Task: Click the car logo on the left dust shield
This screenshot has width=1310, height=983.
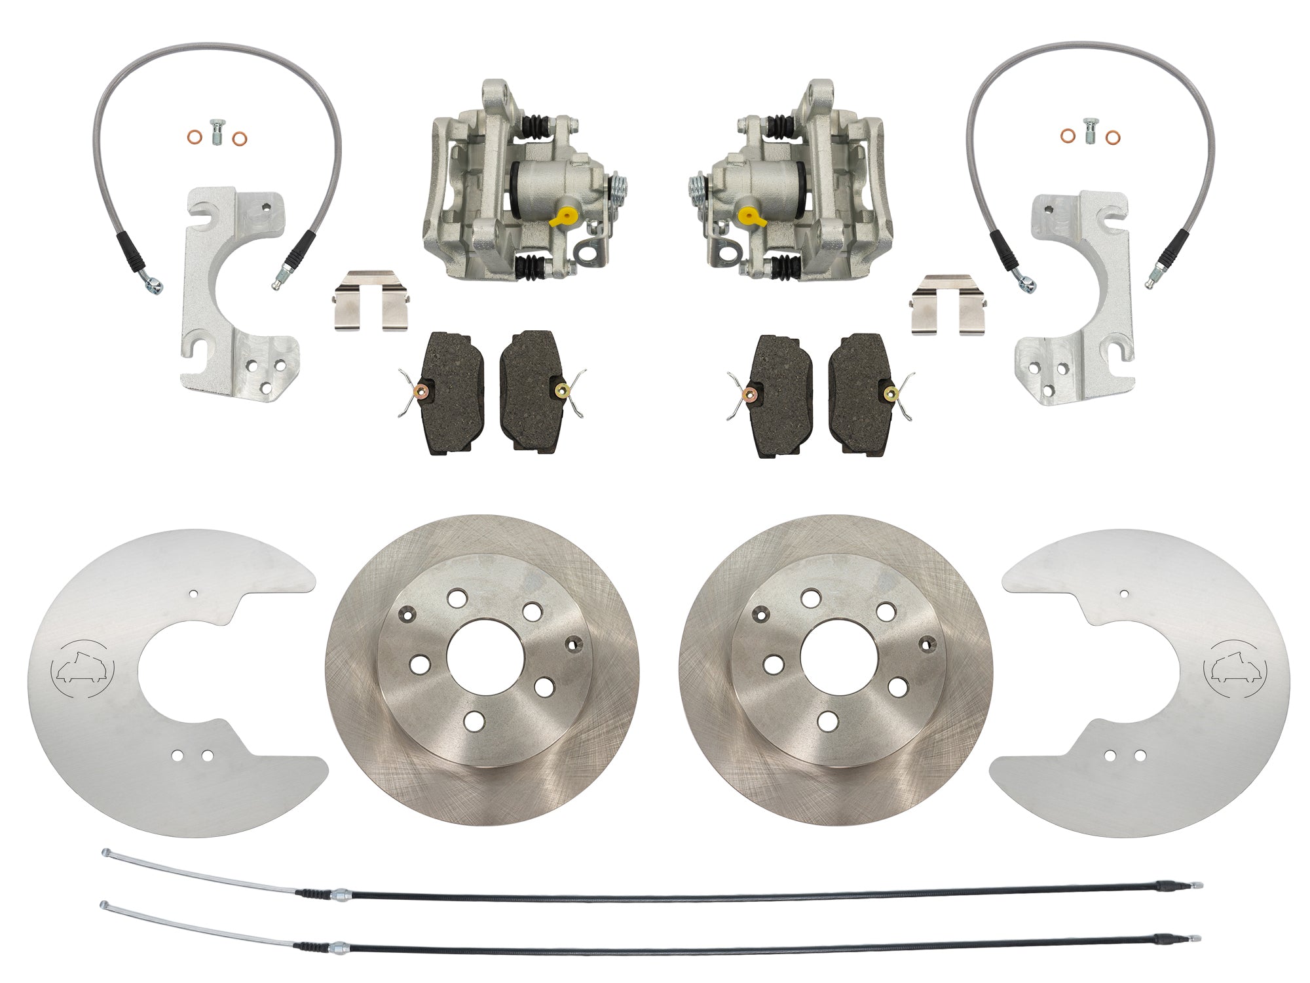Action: coord(82,669)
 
